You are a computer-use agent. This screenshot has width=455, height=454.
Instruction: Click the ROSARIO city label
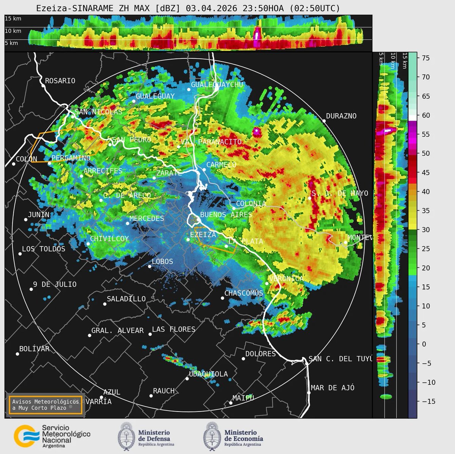tap(60, 81)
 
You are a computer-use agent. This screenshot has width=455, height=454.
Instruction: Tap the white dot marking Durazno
tap(324, 121)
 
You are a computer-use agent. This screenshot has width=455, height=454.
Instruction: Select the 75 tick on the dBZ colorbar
tap(425, 58)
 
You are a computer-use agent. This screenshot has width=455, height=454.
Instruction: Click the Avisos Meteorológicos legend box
tap(45, 405)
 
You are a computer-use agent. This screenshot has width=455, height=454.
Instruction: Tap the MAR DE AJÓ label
tap(333, 388)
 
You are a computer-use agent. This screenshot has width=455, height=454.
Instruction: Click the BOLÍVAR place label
tap(35, 349)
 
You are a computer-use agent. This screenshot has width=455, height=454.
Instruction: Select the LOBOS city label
tap(162, 262)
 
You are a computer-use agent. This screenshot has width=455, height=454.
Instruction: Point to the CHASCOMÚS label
tap(243, 293)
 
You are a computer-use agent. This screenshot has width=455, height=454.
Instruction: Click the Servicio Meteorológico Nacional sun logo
tap(26, 436)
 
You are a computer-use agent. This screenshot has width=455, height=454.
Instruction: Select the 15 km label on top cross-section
tap(13, 18)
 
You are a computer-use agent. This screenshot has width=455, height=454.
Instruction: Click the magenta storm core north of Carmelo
tap(257, 132)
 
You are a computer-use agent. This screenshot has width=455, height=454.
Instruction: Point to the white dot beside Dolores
tap(243, 359)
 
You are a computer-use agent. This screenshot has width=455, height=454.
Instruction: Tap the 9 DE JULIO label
tap(55, 284)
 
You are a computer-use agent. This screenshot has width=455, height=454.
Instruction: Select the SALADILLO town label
tap(126, 299)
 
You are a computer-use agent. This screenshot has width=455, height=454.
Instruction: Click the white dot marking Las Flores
tap(150, 334)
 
